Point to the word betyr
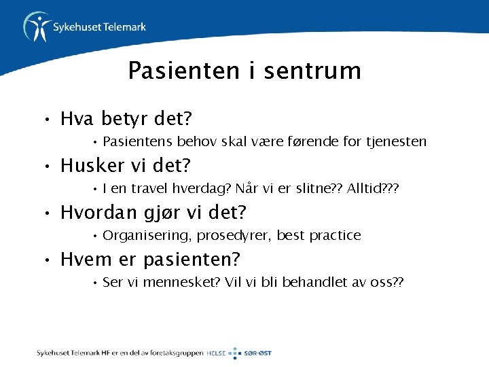tap(126, 120)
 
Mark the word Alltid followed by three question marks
tap(365, 189)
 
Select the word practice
tap(335, 236)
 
